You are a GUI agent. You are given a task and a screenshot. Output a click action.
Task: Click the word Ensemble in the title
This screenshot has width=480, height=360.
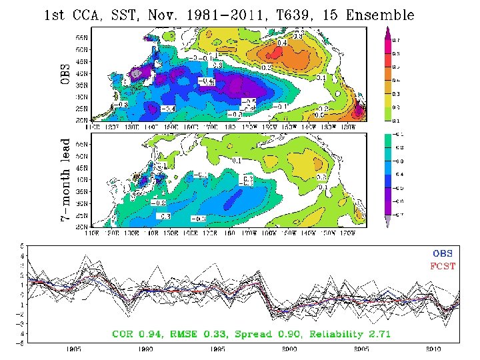pyautogui.click(x=378, y=15)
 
